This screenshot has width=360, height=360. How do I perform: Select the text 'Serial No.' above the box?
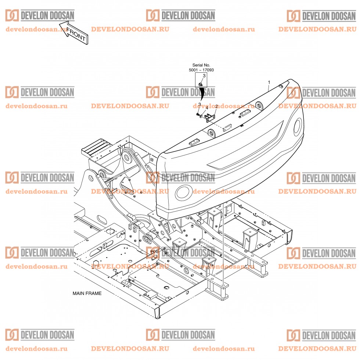pyautogui.click(x=201, y=65)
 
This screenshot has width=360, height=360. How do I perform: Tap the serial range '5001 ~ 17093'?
pyautogui.click(x=201, y=70)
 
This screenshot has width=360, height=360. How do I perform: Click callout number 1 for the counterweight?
pyautogui.click(x=269, y=82)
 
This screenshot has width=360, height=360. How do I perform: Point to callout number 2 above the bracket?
pyautogui.click(x=216, y=107)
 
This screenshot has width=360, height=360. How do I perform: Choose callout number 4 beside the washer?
pyautogui.click(x=207, y=108)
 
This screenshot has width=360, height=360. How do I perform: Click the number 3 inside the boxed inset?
pyautogui.click(x=204, y=76)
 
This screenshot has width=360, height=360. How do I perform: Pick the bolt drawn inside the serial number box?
pyautogui.click(x=201, y=84)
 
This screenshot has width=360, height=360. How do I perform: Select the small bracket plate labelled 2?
pyautogui.click(x=210, y=118)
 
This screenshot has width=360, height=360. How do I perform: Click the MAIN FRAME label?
pyautogui.click(x=87, y=294)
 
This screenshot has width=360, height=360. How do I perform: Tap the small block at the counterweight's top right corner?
pyautogui.click(x=281, y=86)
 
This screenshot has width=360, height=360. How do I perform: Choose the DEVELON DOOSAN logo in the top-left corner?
pyautogui.click(x=40, y=15)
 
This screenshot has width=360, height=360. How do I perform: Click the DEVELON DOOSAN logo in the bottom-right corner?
pyautogui.click(x=321, y=335)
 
